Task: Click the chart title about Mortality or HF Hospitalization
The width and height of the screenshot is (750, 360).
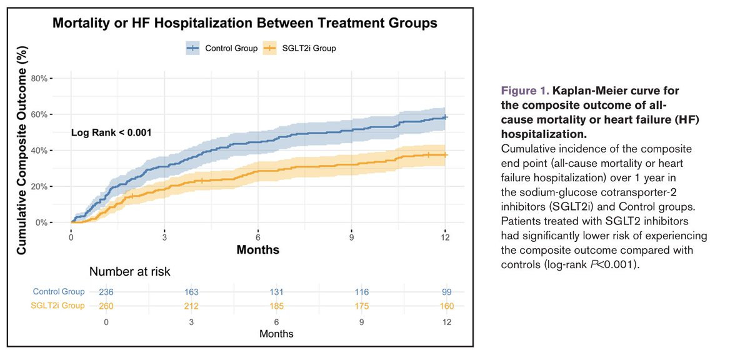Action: [x=245, y=23]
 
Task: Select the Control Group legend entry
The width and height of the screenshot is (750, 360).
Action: [x=222, y=48]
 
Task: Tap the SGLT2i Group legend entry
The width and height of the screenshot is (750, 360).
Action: [x=299, y=48]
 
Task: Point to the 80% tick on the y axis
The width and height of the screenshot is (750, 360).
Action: [x=39, y=78]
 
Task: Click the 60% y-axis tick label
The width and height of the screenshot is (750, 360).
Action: [x=39, y=114]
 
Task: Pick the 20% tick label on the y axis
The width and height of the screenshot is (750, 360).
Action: [x=39, y=186]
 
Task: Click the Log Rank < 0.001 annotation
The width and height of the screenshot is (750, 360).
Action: [x=111, y=132]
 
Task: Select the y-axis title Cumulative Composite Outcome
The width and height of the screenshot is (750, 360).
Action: [x=21, y=151]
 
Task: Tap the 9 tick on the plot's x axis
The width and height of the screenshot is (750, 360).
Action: [x=351, y=237]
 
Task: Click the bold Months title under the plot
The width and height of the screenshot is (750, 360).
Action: [x=257, y=250]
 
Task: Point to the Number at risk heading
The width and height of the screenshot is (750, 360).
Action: [x=129, y=272]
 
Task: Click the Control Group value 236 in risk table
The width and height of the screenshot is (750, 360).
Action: [x=106, y=292]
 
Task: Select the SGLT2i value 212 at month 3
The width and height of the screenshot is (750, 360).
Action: [x=191, y=306]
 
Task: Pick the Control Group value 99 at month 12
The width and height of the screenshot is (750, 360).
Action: [x=447, y=292]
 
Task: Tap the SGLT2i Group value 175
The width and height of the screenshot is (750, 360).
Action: [x=362, y=306]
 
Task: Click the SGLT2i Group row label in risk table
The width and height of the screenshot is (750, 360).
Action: [x=57, y=306]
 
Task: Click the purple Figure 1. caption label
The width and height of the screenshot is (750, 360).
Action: [x=524, y=91]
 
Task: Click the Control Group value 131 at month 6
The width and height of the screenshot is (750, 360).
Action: [x=276, y=292]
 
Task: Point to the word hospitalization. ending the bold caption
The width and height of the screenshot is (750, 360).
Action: [x=544, y=134]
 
